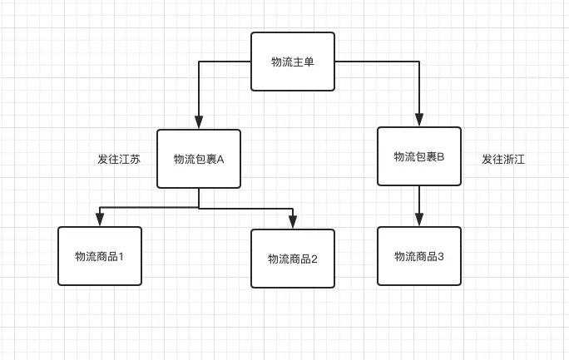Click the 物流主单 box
point(293,62)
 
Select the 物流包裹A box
point(199,159)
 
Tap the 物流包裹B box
point(419,156)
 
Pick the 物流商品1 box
point(100,256)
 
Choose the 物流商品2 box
point(293,259)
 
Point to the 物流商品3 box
point(419,256)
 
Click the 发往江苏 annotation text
point(119,159)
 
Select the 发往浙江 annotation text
point(503,159)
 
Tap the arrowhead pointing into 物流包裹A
point(199,122)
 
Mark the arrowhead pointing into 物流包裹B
point(419,120)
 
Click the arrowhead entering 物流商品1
point(100,219)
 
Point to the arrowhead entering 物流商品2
point(293,222)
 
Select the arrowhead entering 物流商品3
point(419,219)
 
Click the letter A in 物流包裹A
point(220,159)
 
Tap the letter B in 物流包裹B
point(441,156)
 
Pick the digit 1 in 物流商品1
point(121,257)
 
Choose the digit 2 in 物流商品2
point(314,259)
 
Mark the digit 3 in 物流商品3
point(441,257)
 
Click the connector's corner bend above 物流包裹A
point(199,62)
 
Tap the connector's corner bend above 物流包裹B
point(419,62)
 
